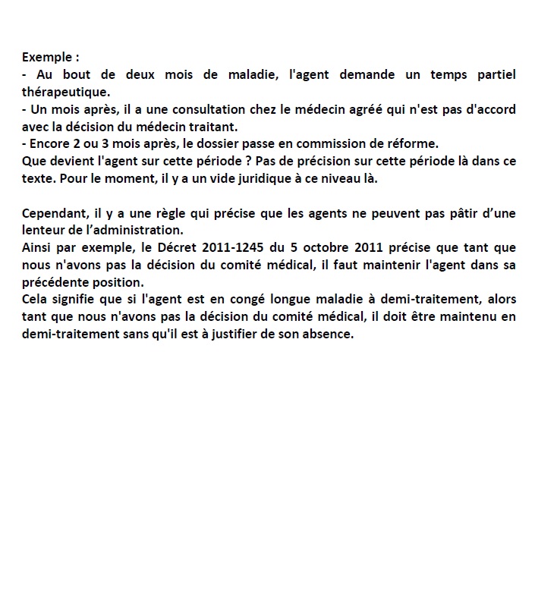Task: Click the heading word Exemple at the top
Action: [x=46, y=57]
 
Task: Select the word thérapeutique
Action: [x=65, y=92]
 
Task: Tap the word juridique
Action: [x=242, y=179]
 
